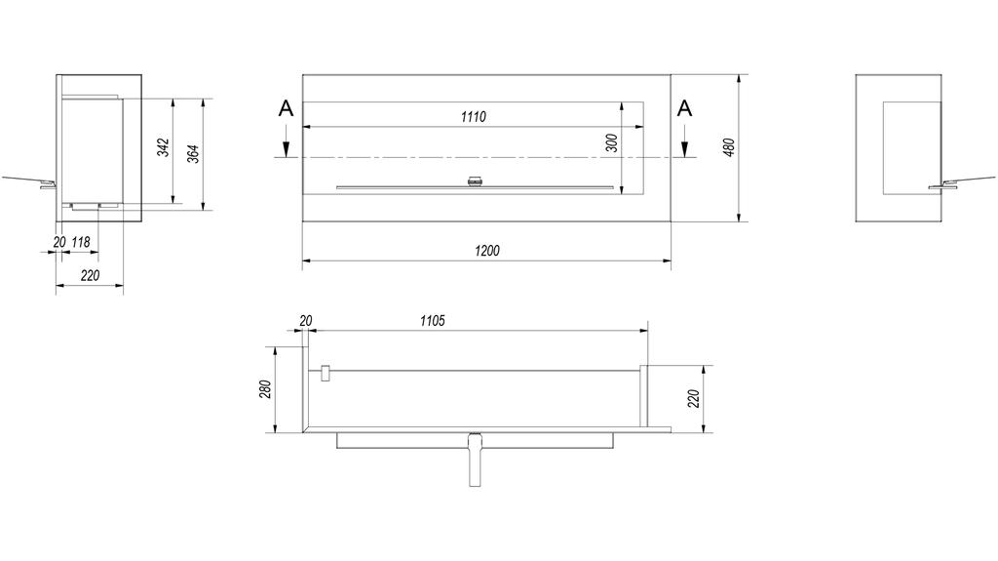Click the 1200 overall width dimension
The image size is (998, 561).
click(x=487, y=251)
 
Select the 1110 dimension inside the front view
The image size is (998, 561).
click(x=474, y=117)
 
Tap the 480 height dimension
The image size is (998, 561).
click(x=728, y=146)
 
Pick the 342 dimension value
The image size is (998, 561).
click(x=164, y=147)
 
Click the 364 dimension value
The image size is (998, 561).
click(x=193, y=153)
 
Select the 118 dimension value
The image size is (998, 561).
click(x=81, y=242)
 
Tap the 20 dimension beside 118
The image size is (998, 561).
click(x=59, y=242)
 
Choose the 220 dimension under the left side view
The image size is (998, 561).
click(x=90, y=276)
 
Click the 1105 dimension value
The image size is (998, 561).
click(x=433, y=321)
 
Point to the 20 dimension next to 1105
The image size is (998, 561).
click(x=306, y=320)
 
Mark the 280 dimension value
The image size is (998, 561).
click(x=264, y=389)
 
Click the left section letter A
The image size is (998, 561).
click(x=286, y=108)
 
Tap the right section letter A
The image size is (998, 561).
click(x=685, y=108)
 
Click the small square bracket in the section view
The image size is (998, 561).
click(x=326, y=373)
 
